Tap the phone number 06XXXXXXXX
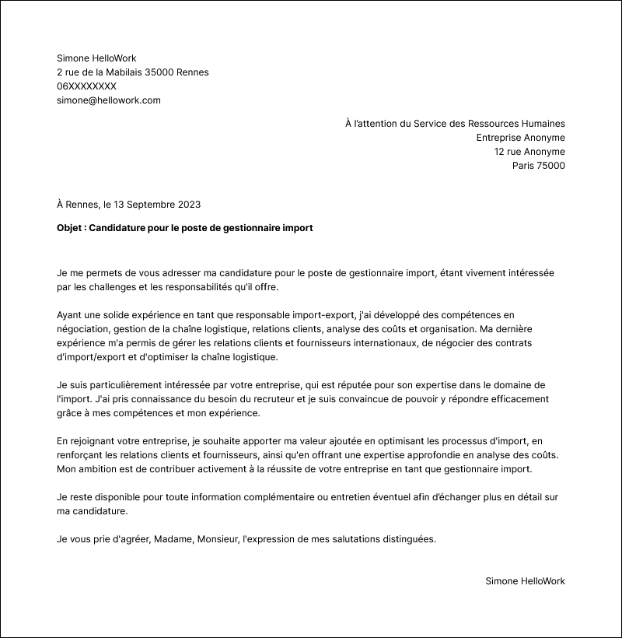(86, 86)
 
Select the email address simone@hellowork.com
(108, 100)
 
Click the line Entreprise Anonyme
(520, 138)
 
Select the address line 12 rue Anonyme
(529, 152)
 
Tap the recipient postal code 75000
(551, 166)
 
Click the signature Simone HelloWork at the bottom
(525, 581)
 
